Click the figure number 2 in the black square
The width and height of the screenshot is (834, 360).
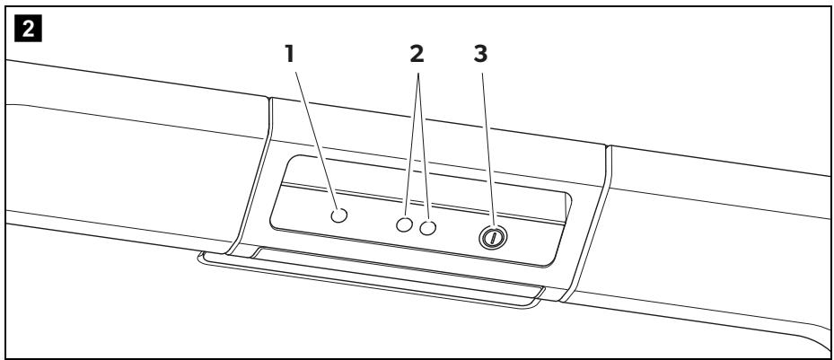tap(28, 29)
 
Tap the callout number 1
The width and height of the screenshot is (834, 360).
tap(289, 54)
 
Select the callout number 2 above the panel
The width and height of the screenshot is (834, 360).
tap(417, 54)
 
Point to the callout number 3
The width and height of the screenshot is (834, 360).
tap(480, 54)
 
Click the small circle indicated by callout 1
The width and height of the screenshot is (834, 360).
tap(338, 215)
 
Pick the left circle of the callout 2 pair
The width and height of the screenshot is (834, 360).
tap(404, 224)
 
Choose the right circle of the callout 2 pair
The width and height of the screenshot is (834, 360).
tap(427, 228)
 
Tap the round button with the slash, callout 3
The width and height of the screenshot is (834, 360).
tap(493, 237)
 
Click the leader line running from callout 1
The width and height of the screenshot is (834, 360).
tap(316, 140)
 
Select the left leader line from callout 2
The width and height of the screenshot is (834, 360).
tap(412, 145)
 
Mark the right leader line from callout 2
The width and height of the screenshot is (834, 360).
tap(424, 146)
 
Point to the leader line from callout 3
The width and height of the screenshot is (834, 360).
tap(488, 151)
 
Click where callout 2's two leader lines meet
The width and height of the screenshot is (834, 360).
tap(418, 73)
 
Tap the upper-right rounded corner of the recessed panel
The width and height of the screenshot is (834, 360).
tap(567, 198)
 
